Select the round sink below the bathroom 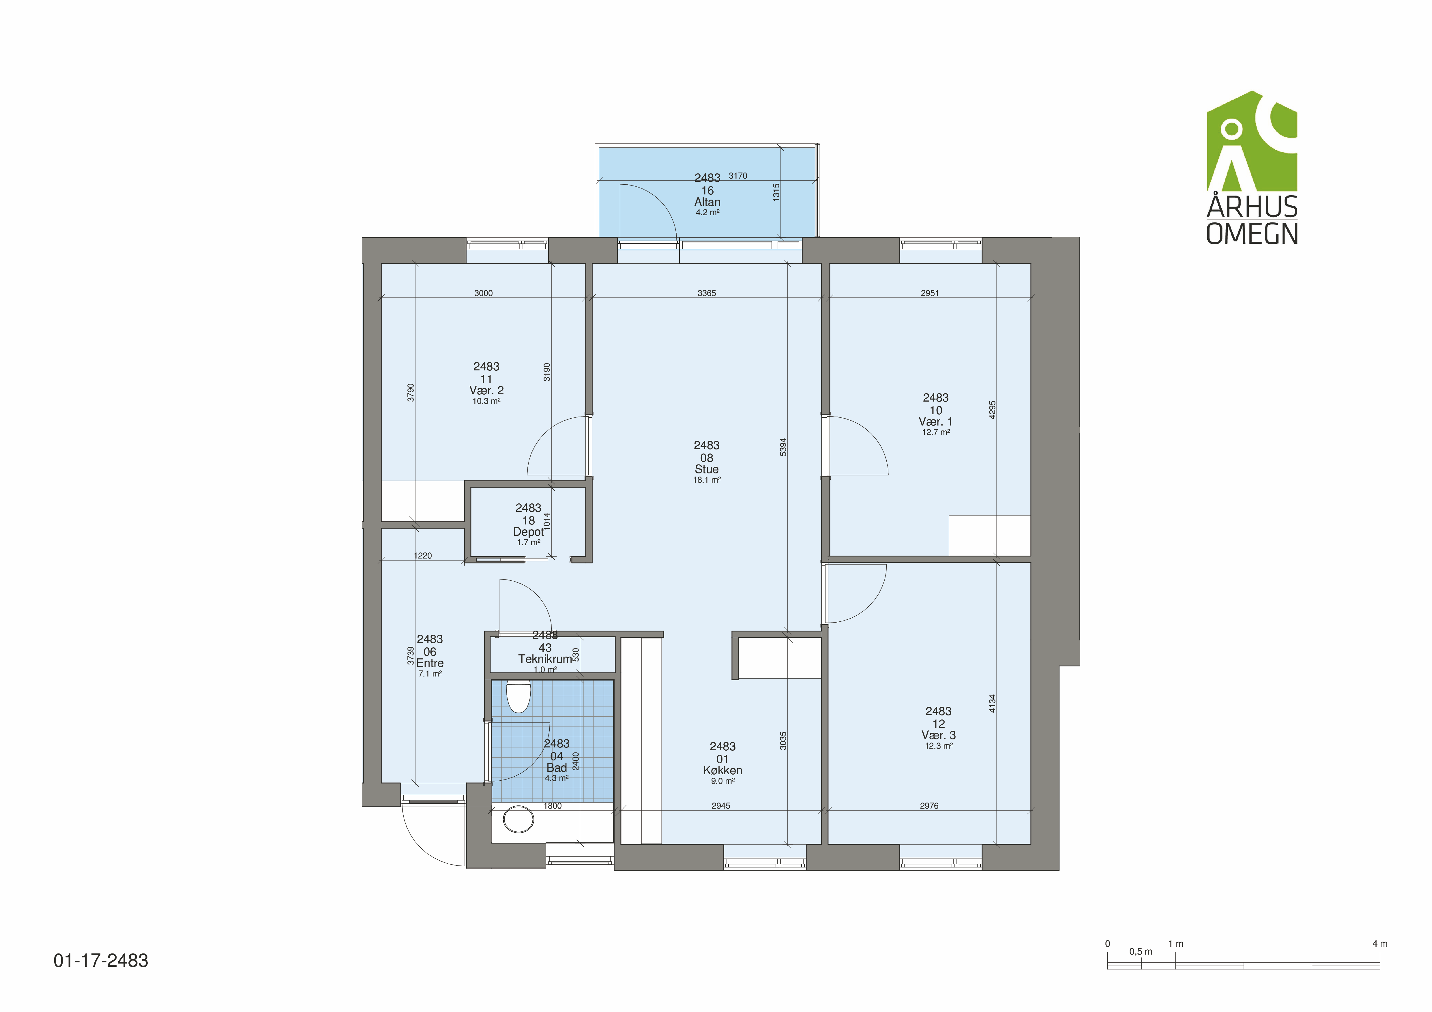point(518,819)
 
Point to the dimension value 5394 point(783,447)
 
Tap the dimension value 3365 point(707,293)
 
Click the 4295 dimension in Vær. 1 point(992,410)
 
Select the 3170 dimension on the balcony point(738,176)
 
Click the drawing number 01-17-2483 point(101,960)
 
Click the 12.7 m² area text point(935,432)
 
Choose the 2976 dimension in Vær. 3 point(929,806)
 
